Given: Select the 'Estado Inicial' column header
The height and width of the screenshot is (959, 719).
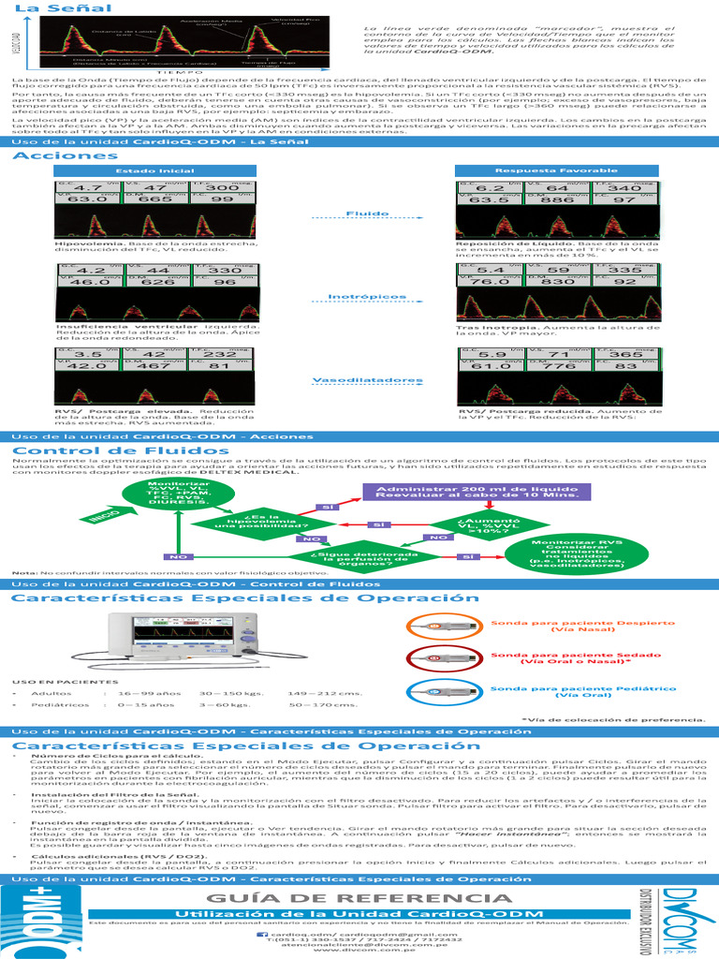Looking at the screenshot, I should tap(141, 170).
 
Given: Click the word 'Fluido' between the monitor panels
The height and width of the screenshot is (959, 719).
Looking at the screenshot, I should tap(361, 214).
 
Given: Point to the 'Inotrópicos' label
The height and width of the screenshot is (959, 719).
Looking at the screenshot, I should tap(361, 297).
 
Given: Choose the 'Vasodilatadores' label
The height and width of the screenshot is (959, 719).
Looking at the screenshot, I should tap(361, 380).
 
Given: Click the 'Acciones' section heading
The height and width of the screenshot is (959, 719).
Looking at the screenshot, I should tap(59, 156).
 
